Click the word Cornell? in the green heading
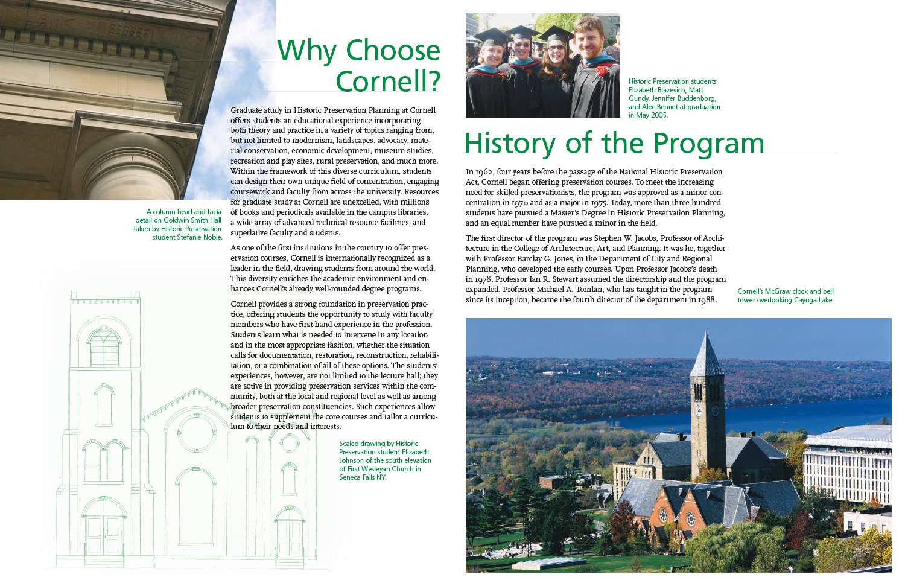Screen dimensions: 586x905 pos(388,82)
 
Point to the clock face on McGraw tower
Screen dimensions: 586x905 pos(699,411)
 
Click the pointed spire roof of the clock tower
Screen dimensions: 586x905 pos(706,356)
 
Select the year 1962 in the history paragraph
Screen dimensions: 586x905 pos(484,172)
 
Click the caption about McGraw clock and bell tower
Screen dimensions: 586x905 pos(784,296)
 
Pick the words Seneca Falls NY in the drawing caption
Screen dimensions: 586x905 pos(362,477)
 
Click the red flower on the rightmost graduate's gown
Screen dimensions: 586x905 pos(602,71)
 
